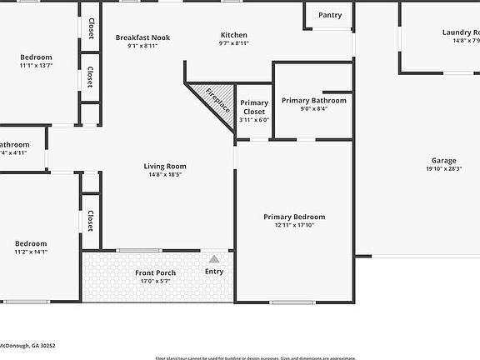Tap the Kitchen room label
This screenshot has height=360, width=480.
pos(233,35)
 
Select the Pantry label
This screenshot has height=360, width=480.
pos(330,15)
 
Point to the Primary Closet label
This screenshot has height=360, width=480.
pos(254,107)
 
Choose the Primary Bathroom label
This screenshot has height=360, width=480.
pos(313,100)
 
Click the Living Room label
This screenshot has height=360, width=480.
pos(165,166)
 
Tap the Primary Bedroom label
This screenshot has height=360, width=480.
pos(294,217)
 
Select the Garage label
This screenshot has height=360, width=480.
pos(443,160)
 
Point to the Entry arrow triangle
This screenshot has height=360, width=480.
pos(214,259)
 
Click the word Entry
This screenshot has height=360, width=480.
pos(214,272)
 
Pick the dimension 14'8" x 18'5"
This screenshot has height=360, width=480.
pos(165,174)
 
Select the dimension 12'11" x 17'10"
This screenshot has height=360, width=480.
pos(294,225)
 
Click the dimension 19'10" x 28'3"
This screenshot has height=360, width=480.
pos(443,168)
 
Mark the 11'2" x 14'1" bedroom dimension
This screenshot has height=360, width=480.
pos(31,251)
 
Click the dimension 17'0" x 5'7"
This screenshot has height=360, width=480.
pos(156,282)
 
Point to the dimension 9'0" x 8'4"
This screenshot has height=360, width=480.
pos(313,108)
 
